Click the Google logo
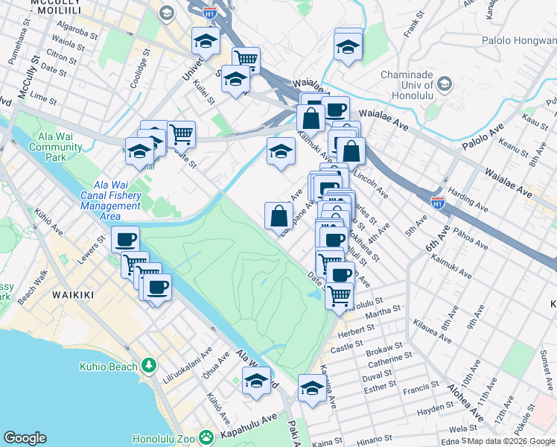(x=25, y=437)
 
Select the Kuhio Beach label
(x=108, y=366)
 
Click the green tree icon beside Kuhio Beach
(x=150, y=365)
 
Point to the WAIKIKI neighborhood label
(x=73, y=295)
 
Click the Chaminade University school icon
(x=445, y=83)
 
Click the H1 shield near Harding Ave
(x=439, y=201)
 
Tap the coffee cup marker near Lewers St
(x=127, y=240)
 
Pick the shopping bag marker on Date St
(x=278, y=217)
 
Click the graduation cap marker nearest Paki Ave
(x=312, y=388)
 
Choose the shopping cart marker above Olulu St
(x=339, y=295)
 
